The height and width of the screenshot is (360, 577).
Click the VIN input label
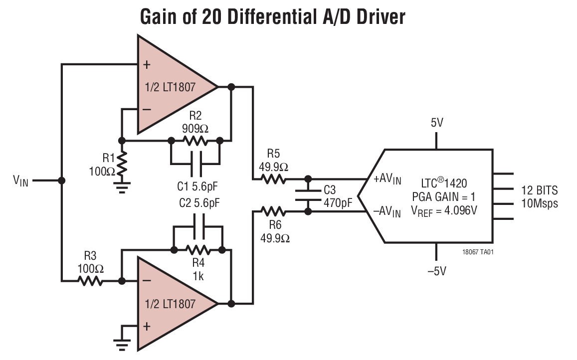[20, 180]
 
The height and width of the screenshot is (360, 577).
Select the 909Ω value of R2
[195, 127]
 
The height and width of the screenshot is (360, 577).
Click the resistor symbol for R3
[90, 281]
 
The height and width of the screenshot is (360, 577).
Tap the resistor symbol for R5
[272, 179]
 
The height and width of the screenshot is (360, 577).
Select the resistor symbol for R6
[272, 211]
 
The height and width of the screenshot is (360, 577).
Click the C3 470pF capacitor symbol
[308, 195]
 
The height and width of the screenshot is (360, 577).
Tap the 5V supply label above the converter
[436, 123]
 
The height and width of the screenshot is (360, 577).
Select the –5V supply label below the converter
[436, 271]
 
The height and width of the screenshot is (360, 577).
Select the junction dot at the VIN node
[61, 180]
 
